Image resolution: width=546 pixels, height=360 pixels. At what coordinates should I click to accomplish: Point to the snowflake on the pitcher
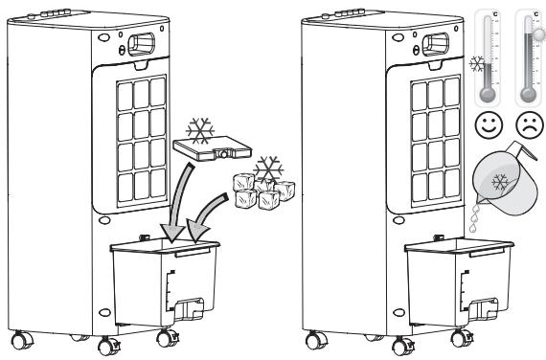pos(499,185)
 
